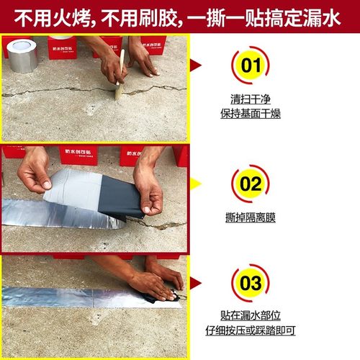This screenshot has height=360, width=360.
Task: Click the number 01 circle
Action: (249, 68)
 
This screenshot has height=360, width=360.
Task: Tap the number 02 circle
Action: (249, 184)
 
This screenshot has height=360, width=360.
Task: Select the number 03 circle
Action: (249, 282)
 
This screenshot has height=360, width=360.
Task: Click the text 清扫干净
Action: (249, 101)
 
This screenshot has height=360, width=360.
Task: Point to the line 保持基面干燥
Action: (249, 114)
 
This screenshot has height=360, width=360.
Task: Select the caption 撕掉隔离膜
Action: (249, 217)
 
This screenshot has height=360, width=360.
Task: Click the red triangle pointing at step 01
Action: (194, 67)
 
